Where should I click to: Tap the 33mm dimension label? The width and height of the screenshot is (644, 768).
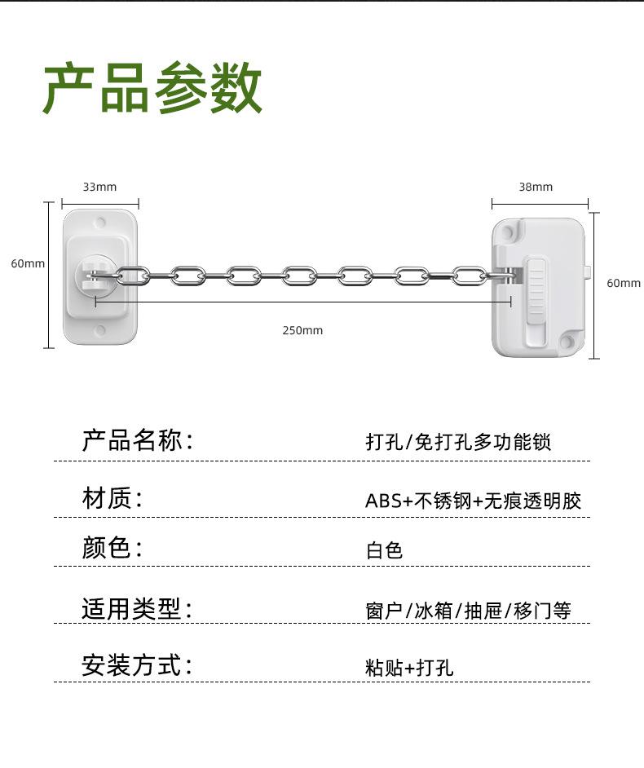click(x=99, y=187)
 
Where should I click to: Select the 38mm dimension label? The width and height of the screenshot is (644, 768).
click(x=536, y=187)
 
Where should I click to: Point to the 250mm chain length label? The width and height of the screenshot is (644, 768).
click(x=302, y=330)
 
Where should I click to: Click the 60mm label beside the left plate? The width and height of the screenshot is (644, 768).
click(x=28, y=263)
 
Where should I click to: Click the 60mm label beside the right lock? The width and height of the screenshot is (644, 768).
click(x=624, y=283)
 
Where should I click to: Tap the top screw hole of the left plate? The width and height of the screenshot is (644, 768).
click(x=100, y=221)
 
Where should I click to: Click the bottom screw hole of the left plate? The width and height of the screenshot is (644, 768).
click(x=100, y=330)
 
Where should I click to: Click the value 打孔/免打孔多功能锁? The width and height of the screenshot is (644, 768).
click(x=458, y=442)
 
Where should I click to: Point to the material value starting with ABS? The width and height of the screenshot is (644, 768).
click(x=473, y=501)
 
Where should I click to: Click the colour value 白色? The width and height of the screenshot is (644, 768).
click(x=384, y=550)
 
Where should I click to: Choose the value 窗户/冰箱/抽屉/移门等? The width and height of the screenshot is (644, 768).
click(x=468, y=610)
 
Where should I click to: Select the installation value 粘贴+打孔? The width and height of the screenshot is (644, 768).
click(x=409, y=668)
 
